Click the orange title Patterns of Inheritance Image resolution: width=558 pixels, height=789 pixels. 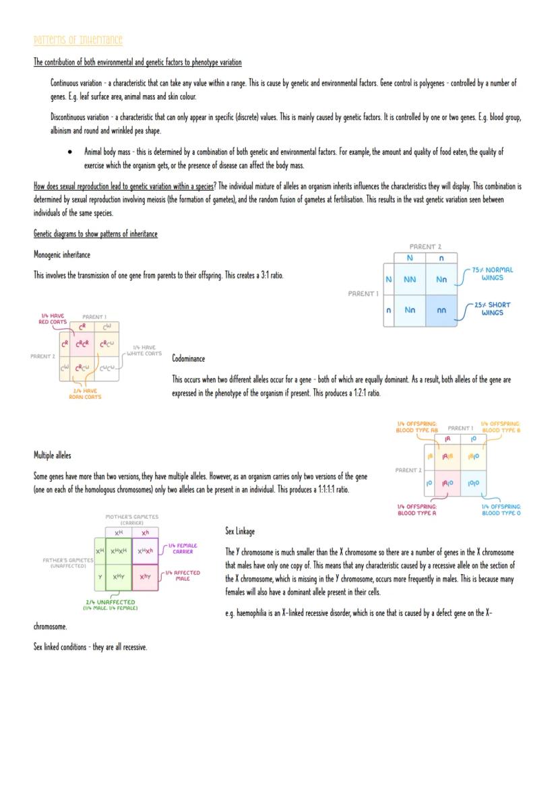click(x=78, y=40)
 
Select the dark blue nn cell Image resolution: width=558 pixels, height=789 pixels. click(x=441, y=311)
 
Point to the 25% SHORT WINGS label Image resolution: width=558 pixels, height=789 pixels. click(x=493, y=309)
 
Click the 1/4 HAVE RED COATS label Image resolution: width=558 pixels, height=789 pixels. click(x=54, y=319)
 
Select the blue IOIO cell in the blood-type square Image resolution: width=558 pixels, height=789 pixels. click(x=474, y=483)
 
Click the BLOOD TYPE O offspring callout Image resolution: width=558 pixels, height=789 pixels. click(x=501, y=510)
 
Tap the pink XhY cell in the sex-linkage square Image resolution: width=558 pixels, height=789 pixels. click(x=146, y=577)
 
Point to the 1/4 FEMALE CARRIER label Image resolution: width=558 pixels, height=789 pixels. click(x=183, y=548)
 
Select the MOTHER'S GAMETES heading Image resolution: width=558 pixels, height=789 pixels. click(x=131, y=519)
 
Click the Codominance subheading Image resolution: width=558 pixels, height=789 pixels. click(x=189, y=358)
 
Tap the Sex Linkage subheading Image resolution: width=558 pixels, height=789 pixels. click(x=240, y=532)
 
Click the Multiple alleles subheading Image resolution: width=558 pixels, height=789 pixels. click(x=53, y=456)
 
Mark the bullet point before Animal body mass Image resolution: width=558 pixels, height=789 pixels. click(x=70, y=152)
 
